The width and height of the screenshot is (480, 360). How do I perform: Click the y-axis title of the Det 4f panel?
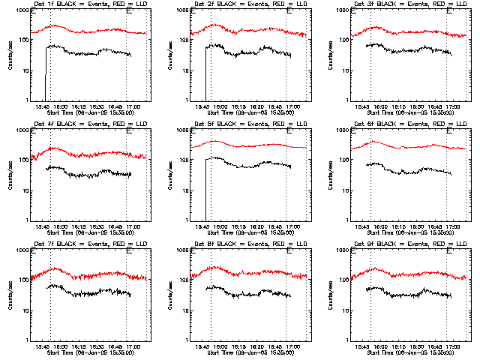click(10, 174)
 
